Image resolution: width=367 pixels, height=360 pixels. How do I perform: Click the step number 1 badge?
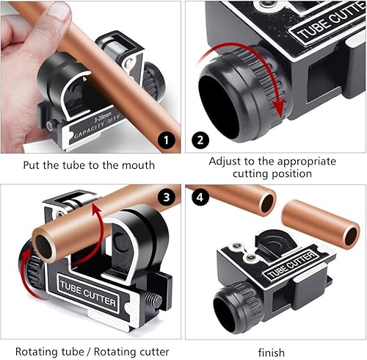point(167,140)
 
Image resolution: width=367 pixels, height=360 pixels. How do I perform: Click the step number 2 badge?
point(200,140)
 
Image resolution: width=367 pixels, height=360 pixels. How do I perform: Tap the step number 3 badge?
point(167,197)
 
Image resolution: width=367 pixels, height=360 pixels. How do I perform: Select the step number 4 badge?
point(200,197)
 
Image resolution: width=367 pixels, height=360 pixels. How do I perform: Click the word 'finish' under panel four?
point(272,353)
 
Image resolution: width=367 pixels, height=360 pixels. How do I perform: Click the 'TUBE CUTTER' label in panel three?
point(88,294)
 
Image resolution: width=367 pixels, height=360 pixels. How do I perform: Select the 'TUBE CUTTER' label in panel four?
point(291,266)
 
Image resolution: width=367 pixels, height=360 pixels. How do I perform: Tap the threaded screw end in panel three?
point(153,301)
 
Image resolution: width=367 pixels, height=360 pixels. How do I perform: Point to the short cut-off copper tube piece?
point(321,225)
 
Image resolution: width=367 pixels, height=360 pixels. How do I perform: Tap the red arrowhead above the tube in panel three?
point(96,211)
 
